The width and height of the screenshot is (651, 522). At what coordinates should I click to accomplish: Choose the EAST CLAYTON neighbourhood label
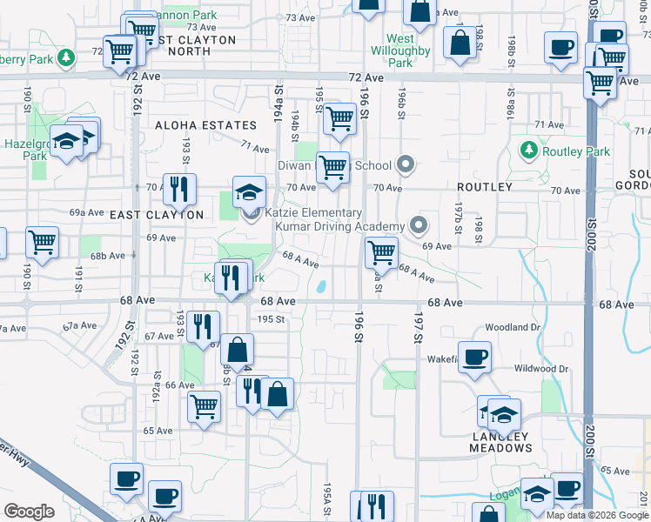click(157, 215)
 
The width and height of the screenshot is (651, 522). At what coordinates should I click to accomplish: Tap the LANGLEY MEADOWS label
click(500, 442)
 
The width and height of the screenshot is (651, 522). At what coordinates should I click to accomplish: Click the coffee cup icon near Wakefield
click(474, 358)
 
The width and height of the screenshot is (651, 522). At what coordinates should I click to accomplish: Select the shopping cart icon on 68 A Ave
click(381, 253)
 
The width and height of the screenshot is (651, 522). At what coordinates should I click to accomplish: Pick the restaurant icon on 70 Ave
click(179, 189)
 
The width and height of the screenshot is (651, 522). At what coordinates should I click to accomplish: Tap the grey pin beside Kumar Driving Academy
click(419, 225)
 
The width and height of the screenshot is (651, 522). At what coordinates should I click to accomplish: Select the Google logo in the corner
click(29, 512)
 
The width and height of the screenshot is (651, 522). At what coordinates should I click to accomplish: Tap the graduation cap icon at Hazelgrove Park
click(66, 141)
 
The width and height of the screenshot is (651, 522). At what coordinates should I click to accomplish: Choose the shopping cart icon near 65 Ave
click(204, 405)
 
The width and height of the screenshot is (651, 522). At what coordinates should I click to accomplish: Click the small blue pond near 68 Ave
click(321, 286)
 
